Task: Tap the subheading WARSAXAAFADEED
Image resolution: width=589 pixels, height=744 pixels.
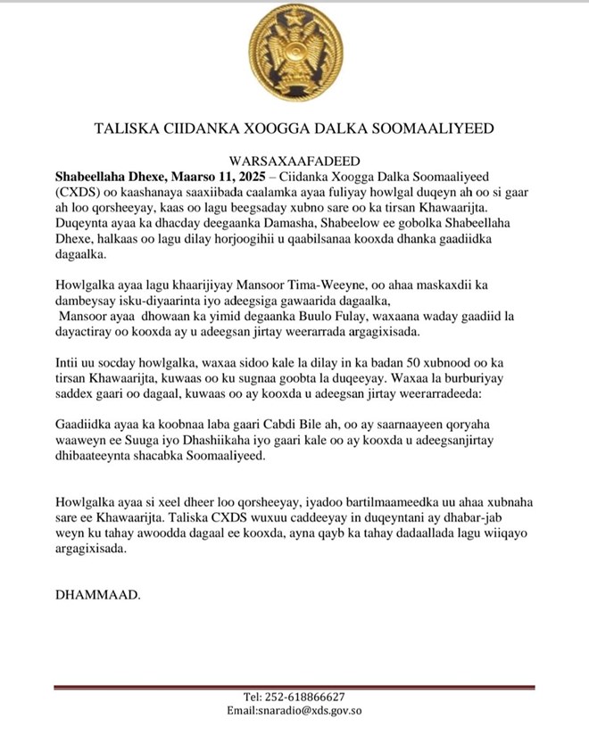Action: tap(294, 161)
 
